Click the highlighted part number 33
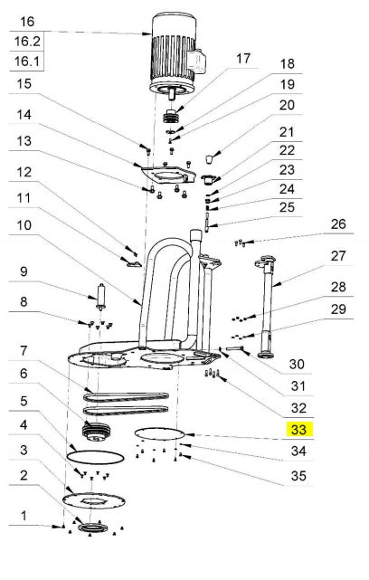298,430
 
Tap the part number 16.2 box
27,41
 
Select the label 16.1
27,61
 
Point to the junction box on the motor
196,60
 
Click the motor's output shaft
172,93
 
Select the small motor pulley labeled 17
171,116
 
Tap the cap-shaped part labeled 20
210,159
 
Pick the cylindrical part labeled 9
100,296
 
